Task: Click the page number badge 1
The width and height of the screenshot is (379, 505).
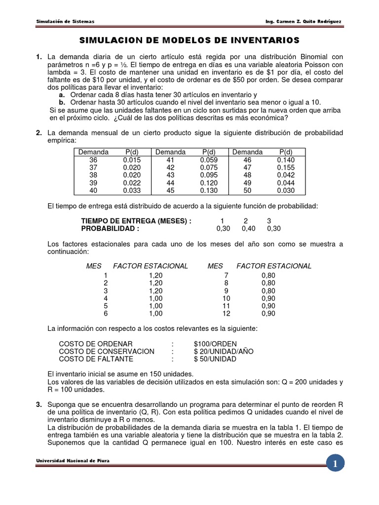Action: (335, 464)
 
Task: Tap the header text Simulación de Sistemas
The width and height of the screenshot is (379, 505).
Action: (65, 21)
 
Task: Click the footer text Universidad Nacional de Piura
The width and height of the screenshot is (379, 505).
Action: (73, 461)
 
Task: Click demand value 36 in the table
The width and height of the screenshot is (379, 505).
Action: (93, 160)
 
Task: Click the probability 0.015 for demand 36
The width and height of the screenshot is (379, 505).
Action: (132, 160)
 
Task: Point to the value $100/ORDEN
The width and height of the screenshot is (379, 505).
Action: (215, 344)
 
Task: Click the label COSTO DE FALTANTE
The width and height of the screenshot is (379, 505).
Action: (99, 359)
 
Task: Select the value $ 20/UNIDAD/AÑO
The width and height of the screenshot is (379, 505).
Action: (222, 351)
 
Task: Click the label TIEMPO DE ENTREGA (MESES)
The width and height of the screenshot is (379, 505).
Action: (136, 221)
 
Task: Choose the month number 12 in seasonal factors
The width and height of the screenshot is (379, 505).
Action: (226, 313)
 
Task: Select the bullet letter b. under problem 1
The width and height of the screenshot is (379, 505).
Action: (62, 103)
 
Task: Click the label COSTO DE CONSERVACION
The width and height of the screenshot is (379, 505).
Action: (107, 351)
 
